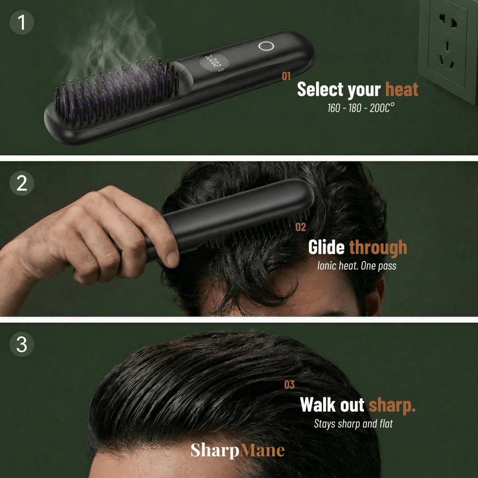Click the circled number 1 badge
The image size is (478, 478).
[22, 22]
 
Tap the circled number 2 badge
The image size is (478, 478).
[22, 184]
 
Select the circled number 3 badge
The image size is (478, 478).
[22, 345]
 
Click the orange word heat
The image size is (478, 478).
[401, 89]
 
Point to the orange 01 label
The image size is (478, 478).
[286, 77]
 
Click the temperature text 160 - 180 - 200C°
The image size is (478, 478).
[361, 108]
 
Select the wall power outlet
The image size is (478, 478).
[447, 49]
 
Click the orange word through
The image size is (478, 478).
[378, 247]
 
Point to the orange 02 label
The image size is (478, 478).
[301, 227]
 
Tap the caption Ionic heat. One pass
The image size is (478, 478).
[357, 266]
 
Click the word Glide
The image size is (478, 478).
[326, 247]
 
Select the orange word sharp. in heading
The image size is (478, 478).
[392, 405]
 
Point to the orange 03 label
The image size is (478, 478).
[289, 385]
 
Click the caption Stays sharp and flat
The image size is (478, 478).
[353, 424]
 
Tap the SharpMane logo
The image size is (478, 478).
[238, 451]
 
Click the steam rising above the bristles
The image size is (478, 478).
[111, 49]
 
